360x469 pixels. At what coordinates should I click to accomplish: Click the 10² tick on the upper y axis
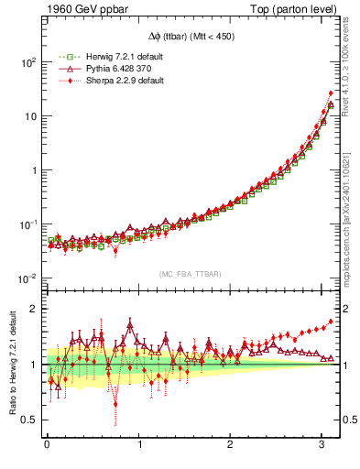[27, 62]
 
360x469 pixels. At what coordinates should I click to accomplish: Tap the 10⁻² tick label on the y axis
[27, 278]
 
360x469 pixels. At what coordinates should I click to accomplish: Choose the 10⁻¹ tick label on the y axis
[27, 224]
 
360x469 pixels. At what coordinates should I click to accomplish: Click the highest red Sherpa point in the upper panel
[330, 93]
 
